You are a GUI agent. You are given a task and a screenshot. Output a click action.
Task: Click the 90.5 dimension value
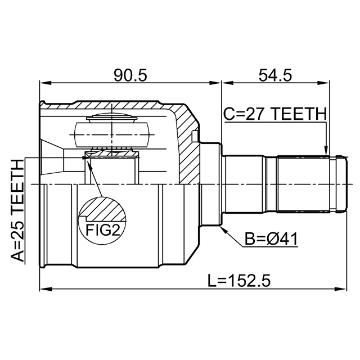(x=130, y=75)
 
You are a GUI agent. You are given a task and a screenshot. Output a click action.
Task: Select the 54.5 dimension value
(x=275, y=75)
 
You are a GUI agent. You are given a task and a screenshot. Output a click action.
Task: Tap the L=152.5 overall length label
(x=239, y=281)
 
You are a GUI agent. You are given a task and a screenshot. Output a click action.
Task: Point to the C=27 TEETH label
(x=275, y=114)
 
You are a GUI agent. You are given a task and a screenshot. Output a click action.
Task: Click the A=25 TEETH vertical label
(x=17, y=210)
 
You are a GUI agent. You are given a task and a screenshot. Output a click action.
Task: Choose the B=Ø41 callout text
(x=271, y=239)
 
